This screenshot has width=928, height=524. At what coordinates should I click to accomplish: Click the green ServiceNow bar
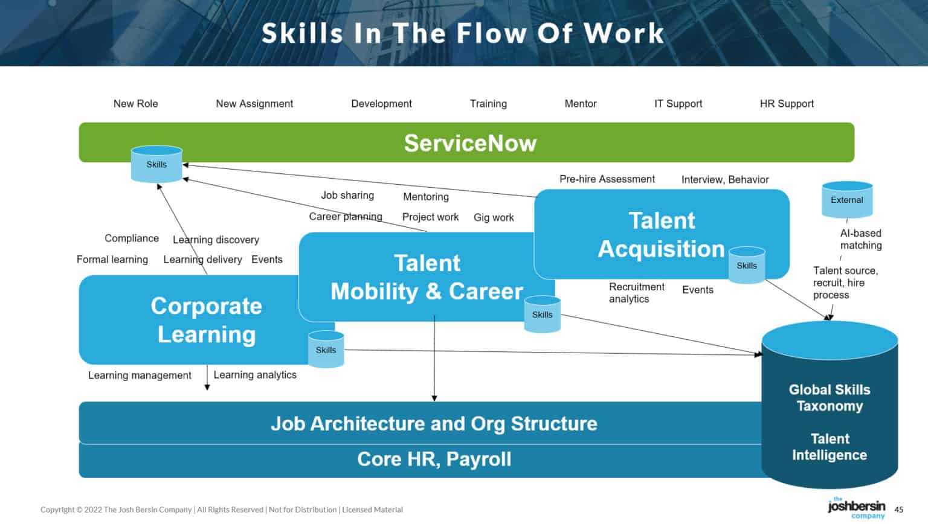(x=469, y=143)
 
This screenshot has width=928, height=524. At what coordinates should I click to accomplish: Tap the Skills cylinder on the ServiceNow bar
(x=156, y=164)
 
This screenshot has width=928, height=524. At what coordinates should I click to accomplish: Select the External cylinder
(x=846, y=200)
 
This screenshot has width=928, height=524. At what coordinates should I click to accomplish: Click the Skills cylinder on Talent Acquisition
(x=747, y=266)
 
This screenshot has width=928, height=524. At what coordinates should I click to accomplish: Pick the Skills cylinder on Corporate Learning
(x=326, y=350)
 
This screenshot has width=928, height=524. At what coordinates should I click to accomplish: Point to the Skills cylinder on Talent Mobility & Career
(x=542, y=315)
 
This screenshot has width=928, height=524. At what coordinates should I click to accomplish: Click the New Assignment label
(x=254, y=104)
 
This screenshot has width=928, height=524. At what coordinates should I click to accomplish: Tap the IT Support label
(x=678, y=104)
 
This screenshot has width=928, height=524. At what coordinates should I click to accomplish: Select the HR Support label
(x=787, y=104)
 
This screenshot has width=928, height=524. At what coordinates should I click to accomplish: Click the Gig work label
(x=494, y=217)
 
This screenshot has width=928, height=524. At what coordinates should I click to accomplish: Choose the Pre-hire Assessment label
(x=607, y=179)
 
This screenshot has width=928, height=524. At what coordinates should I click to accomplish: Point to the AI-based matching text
(x=860, y=239)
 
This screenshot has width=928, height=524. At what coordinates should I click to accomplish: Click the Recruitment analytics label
(x=636, y=293)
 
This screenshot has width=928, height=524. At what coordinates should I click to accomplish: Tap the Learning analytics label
(x=255, y=375)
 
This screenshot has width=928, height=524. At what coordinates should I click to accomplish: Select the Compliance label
(x=132, y=238)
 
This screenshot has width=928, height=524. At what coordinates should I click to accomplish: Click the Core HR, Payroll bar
(x=434, y=459)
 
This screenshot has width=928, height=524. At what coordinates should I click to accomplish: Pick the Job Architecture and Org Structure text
(x=434, y=424)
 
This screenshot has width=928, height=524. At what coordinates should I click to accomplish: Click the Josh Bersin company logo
(x=856, y=507)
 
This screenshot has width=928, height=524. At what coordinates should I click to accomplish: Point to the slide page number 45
(x=899, y=510)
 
